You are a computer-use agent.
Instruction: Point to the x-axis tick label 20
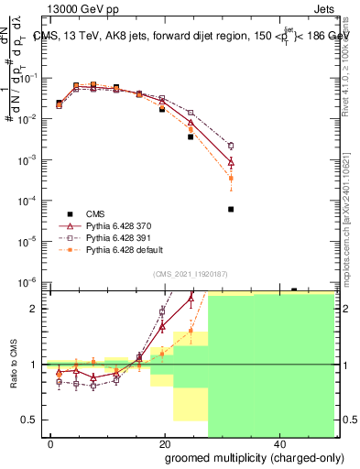(x=165, y=443)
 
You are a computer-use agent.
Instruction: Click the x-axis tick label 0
(x=51, y=443)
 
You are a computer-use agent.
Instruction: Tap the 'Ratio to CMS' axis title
(x=13, y=364)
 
